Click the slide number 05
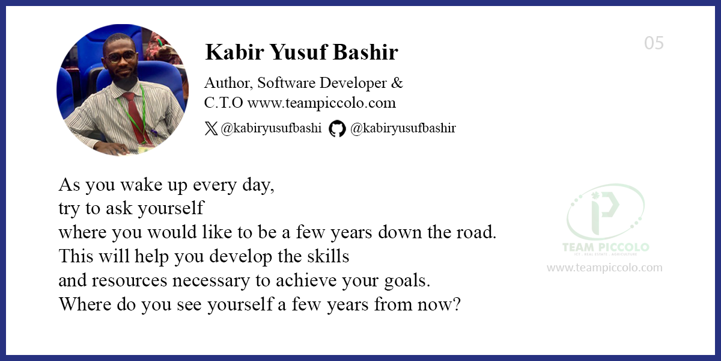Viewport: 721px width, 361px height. [x=654, y=43]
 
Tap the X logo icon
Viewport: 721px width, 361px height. [x=211, y=128]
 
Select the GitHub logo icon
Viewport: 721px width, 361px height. [x=337, y=128]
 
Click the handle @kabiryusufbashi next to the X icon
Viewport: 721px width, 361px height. [x=271, y=128]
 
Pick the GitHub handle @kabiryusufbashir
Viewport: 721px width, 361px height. [x=403, y=128]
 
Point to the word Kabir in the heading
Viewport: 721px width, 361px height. [x=231, y=53]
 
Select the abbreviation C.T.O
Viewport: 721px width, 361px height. [x=224, y=103]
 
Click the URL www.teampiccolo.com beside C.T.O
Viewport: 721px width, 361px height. [x=321, y=103]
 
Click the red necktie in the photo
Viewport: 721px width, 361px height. [x=134, y=114]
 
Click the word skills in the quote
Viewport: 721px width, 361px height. [x=329, y=256]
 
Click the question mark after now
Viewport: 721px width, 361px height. [x=456, y=304]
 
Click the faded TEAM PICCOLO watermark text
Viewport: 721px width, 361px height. [x=604, y=248]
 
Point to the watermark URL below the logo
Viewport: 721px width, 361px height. [x=604, y=268]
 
